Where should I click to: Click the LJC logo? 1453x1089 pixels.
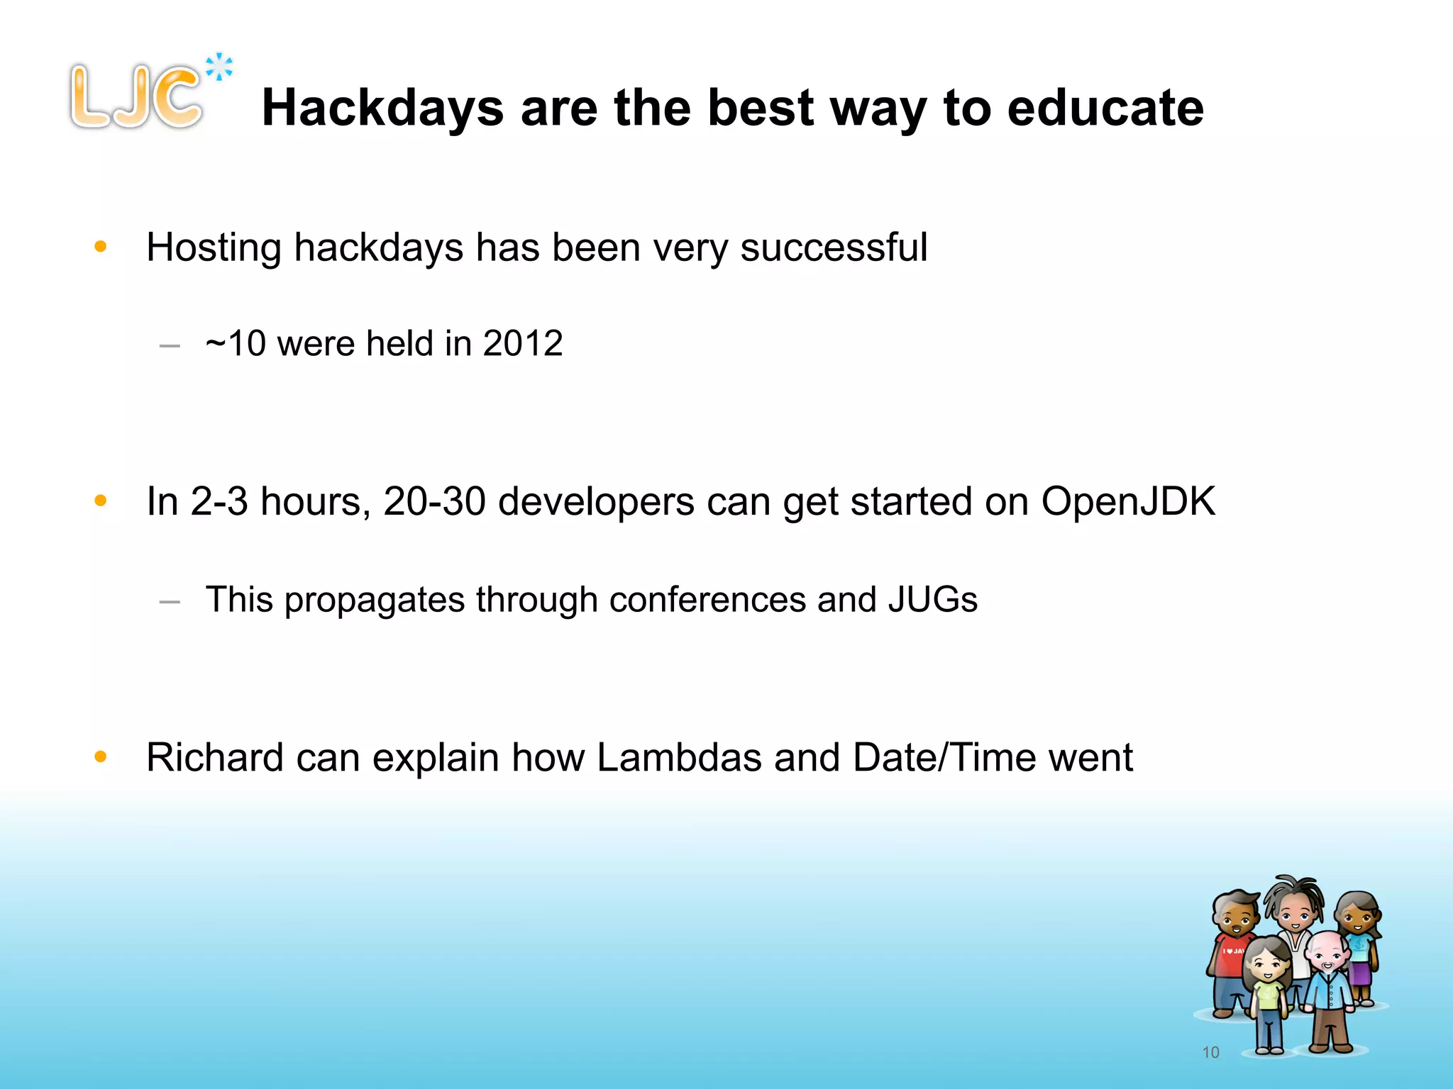pos(136,96)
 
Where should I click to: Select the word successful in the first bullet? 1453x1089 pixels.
pos(834,247)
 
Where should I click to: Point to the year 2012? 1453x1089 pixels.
pos(523,344)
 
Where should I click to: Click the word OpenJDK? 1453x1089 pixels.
pos(1128,501)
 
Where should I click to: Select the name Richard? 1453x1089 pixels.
pos(215,757)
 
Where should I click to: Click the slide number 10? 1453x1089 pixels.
pos(1210,1053)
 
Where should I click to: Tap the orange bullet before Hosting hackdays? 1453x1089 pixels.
pos(101,247)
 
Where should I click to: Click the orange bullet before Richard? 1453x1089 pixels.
pos(101,756)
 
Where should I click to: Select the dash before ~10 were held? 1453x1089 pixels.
pos(170,346)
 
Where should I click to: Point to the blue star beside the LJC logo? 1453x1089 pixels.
pos(219,67)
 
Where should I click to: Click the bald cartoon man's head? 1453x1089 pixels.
pos(1325,950)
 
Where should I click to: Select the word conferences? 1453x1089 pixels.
pos(707,600)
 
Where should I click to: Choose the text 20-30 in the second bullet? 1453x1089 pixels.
pos(434,501)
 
